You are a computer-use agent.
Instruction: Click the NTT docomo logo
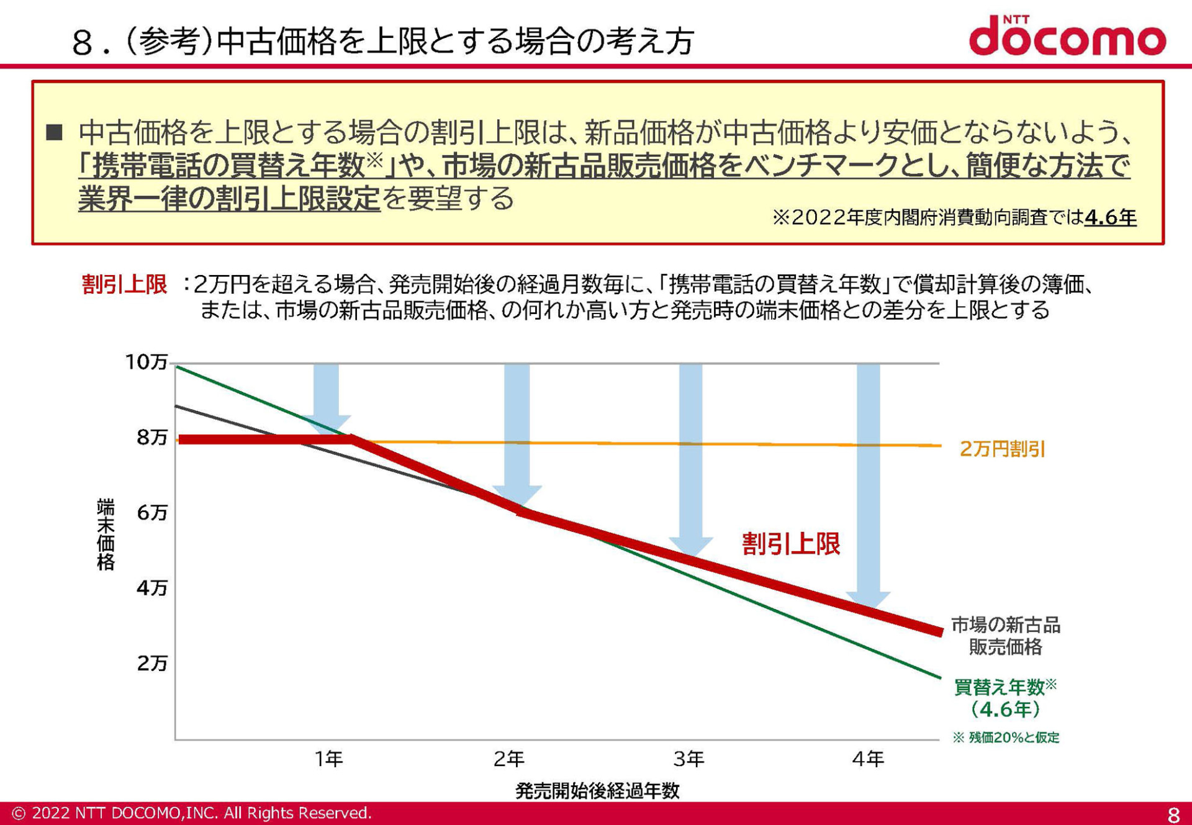pyautogui.click(x=1067, y=36)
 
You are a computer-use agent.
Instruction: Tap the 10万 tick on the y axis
pyautogui.click(x=147, y=362)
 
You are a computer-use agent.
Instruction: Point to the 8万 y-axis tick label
pyautogui.click(x=152, y=438)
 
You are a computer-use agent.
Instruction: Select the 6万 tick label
pyautogui.click(x=152, y=513)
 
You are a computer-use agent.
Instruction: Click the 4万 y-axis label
pyautogui.click(x=152, y=588)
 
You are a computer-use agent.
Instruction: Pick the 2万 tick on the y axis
pyautogui.click(x=152, y=664)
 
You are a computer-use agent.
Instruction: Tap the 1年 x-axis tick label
pyautogui.click(x=328, y=759)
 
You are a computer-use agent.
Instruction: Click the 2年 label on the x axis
pyautogui.click(x=508, y=759)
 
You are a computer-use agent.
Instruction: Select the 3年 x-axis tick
pyautogui.click(x=689, y=759)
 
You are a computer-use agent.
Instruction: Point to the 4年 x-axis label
pyautogui.click(x=868, y=759)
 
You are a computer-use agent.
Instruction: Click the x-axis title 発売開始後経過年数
pyautogui.click(x=597, y=791)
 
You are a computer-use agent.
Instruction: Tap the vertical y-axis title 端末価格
pyautogui.click(x=106, y=534)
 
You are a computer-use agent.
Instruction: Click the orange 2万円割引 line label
pyautogui.click(x=1003, y=449)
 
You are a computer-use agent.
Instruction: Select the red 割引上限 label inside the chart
pyautogui.click(x=791, y=544)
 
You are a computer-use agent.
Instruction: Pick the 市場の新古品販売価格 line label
pyautogui.click(x=1005, y=636)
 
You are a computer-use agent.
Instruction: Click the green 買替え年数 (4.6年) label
pyautogui.click(x=1005, y=698)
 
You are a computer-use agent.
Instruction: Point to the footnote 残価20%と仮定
pyautogui.click(x=1006, y=737)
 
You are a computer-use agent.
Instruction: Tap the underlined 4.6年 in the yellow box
pyautogui.click(x=1110, y=217)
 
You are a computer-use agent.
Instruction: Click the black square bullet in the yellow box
pyautogui.click(x=55, y=132)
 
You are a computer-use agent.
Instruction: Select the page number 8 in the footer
pyautogui.click(x=1173, y=814)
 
